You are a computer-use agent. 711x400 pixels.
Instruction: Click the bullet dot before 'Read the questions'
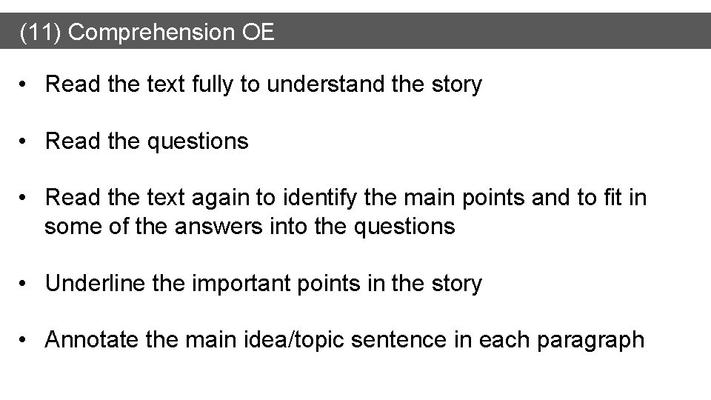[x=26, y=141]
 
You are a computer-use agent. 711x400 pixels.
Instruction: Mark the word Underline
[x=93, y=283]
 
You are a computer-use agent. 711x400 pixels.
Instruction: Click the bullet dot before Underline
[x=26, y=283]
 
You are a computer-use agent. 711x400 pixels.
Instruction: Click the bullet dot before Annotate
[x=26, y=340]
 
